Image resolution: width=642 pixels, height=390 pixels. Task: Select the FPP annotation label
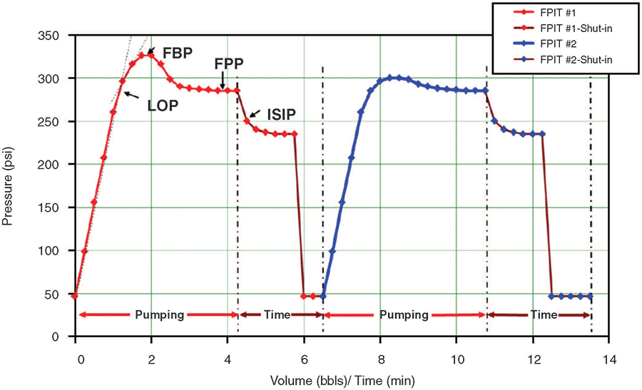point(229,64)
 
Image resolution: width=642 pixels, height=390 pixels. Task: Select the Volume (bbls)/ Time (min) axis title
point(342,381)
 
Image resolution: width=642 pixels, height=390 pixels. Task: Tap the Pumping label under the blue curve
point(403,314)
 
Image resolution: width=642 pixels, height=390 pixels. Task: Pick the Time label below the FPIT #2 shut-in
point(544,314)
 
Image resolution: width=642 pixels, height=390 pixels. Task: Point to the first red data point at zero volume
point(75,296)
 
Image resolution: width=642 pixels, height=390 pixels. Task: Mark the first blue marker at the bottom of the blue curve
point(323,296)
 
